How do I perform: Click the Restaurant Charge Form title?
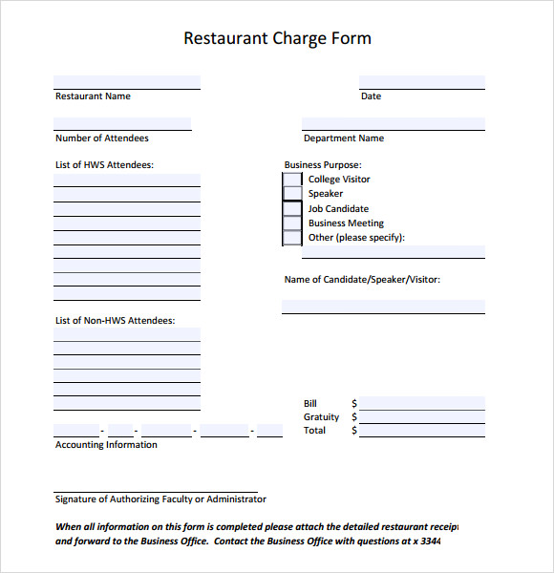[277, 39]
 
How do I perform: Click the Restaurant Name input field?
[127, 82]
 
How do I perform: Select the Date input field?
[421, 82]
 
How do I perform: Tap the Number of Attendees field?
[122, 124]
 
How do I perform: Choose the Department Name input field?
[393, 124]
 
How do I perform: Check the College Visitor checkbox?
[292, 180]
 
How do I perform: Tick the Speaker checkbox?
[292, 194]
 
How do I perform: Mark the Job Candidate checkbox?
[292, 209]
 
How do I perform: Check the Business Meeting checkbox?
[292, 223]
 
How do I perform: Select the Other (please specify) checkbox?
[292, 238]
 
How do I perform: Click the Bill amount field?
[421, 403]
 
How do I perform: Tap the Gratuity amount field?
[421, 416]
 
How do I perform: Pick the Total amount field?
[421, 430]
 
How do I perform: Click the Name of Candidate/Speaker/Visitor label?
[362, 280]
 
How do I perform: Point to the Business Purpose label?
[323, 165]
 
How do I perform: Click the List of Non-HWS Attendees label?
[115, 321]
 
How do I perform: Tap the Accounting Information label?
[106, 445]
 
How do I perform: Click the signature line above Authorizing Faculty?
[156, 490]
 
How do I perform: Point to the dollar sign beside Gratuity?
[354, 417]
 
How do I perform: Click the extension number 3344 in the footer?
[431, 541]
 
